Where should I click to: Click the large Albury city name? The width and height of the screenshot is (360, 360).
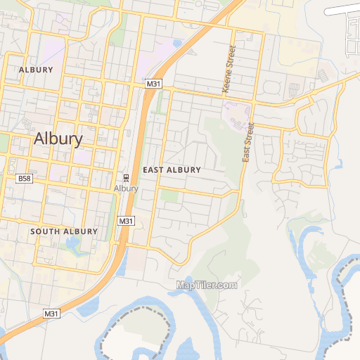tap(58, 139)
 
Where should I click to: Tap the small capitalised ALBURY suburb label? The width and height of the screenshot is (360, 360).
tap(37, 70)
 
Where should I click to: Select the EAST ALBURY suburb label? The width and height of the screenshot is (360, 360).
tap(172, 170)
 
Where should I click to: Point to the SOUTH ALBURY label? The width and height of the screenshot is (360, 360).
tap(63, 231)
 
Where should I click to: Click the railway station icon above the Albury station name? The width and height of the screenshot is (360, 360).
tap(126, 177)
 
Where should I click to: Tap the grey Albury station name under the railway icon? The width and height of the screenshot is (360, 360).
tap(126, 188)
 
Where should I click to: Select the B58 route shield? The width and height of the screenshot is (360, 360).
tap(25, 179)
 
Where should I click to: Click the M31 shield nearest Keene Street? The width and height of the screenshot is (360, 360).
tap(154, 84)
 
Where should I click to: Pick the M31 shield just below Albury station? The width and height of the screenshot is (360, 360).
tap(126, 221)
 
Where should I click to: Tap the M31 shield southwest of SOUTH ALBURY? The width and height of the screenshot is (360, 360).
tap(51, 313)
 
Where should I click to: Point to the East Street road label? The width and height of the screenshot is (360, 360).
tap(247, 143)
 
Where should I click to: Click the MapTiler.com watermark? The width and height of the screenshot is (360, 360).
tap(207, 285)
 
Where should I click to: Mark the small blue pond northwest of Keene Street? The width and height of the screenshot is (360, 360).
tap(176, 43)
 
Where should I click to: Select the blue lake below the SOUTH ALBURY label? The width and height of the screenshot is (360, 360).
tap(72, 245)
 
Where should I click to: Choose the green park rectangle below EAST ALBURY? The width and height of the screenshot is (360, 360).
tap(169, 196)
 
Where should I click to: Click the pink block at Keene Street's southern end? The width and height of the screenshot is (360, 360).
tap(236, 112)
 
